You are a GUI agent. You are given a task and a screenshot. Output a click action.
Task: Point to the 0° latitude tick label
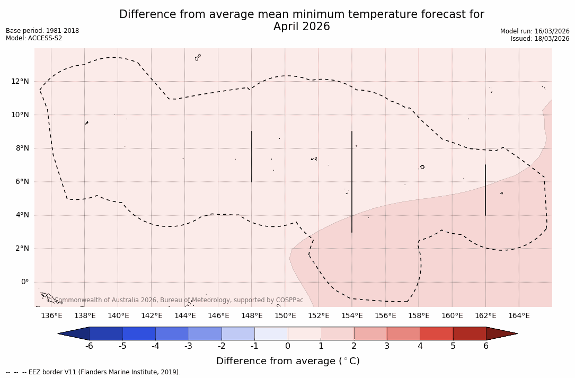tap(24, 282)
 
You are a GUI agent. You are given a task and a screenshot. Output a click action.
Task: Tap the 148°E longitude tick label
tap(252, 315)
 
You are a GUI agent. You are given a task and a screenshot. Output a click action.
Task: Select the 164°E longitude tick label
tap(519, 315)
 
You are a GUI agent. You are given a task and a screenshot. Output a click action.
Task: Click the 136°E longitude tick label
tap(51, 315)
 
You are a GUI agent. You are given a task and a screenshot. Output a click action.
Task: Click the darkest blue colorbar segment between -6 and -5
tap(106, 333)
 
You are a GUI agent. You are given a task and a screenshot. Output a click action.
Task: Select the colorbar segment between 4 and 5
tap(436, 333)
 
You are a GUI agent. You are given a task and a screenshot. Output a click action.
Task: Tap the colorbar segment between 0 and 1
tap(304, 333)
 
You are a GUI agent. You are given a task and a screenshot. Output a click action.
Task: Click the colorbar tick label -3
tap(188, 346)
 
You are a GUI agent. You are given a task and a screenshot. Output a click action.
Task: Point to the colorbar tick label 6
tap(486, 346)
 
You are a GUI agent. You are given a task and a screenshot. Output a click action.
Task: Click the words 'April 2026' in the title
tap(302, 27)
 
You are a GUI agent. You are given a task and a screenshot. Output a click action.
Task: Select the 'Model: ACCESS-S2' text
tap(34, 38)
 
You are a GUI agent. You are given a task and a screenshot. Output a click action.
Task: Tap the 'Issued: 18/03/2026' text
tap(540, 39)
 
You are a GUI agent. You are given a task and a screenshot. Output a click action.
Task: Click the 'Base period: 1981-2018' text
tap(42, 31)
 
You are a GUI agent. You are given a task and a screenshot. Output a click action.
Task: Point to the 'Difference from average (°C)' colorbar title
tap(288, 361)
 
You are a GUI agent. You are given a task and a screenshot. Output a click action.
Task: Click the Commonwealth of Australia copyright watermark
tap(175, 300)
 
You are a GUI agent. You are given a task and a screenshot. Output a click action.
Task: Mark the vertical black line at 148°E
tap(252, 156)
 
